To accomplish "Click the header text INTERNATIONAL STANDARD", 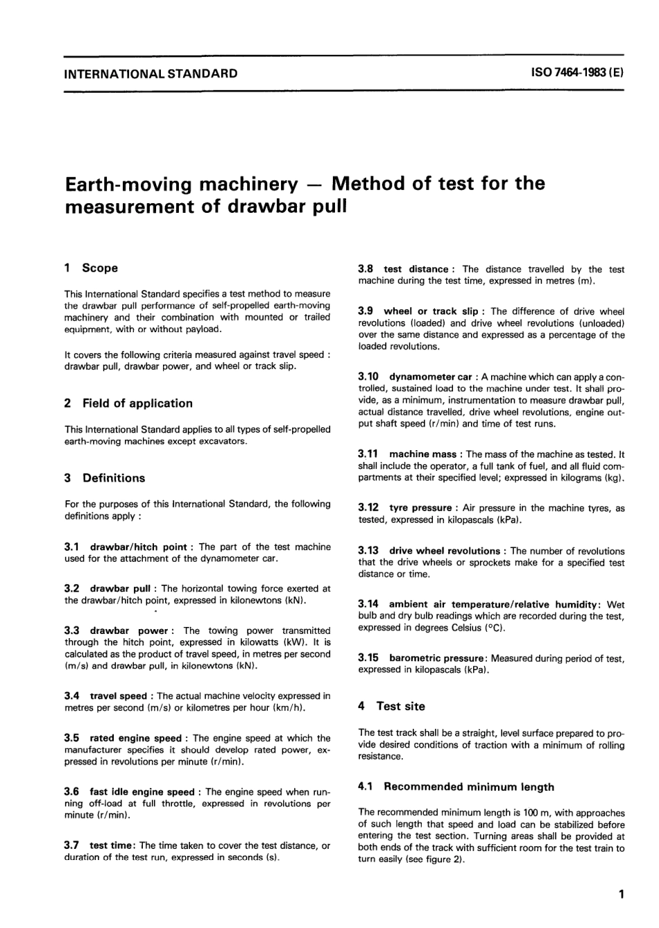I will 151,74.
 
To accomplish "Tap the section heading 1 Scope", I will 91,268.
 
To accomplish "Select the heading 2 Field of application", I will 128,403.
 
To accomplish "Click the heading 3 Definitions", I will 105,478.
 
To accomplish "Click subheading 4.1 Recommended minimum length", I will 456,787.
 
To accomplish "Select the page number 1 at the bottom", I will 621,895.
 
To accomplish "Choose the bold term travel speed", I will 118,696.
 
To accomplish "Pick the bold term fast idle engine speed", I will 142,791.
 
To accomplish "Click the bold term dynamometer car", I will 430,377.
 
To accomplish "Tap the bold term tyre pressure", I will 420,508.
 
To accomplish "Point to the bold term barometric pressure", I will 436,658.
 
